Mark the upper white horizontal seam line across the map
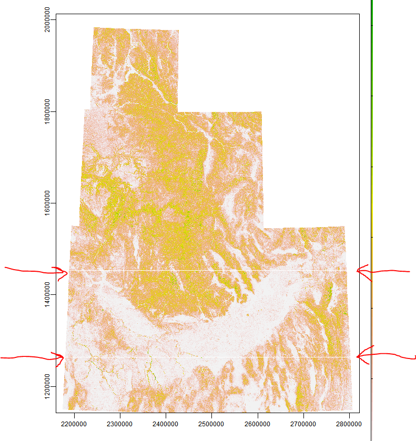210,271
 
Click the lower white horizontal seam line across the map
210,357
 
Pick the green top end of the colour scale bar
372,11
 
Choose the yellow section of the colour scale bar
372,210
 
